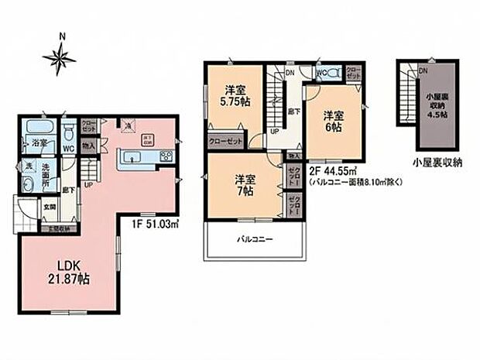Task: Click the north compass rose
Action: click(60, 56)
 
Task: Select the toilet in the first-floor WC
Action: click(68, 130)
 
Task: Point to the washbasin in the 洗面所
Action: click(28, 183)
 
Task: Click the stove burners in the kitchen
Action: click(166, 157)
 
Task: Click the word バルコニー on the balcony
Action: click(253, 239)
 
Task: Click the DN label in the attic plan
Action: click(423, 70)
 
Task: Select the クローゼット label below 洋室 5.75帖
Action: click(225, 142)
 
